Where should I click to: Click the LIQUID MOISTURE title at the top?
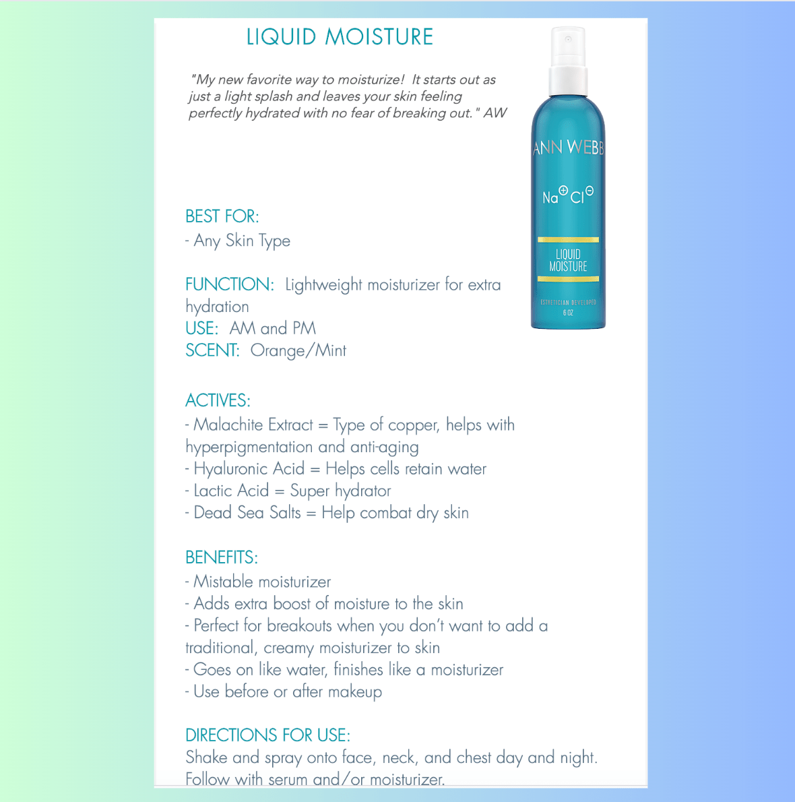pos(340,37)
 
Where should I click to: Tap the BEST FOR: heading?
pos(222,216)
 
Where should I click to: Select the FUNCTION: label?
pos(230,284)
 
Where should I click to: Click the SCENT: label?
pos(212,350)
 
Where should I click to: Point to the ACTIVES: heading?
pos(218,400)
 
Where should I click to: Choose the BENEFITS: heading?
pos(221,557)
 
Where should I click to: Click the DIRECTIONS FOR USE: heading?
pos(267,735)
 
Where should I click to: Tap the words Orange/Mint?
pos(298,350)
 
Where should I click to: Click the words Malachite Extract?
pos(253,425)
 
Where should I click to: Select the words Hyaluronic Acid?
pos(249,468)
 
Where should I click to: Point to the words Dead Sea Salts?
pos(247,513)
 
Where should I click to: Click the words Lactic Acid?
pos(231,491)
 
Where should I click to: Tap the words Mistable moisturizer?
pos(262,582)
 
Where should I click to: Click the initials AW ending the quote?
pos(495,113)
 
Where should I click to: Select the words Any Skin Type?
pos(242,241)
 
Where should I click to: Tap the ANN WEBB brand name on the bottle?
pos(568,148)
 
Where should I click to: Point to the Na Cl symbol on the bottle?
pos(568,195)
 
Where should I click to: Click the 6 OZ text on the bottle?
pos(568,313)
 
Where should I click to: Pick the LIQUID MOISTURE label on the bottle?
pos(568,260)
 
